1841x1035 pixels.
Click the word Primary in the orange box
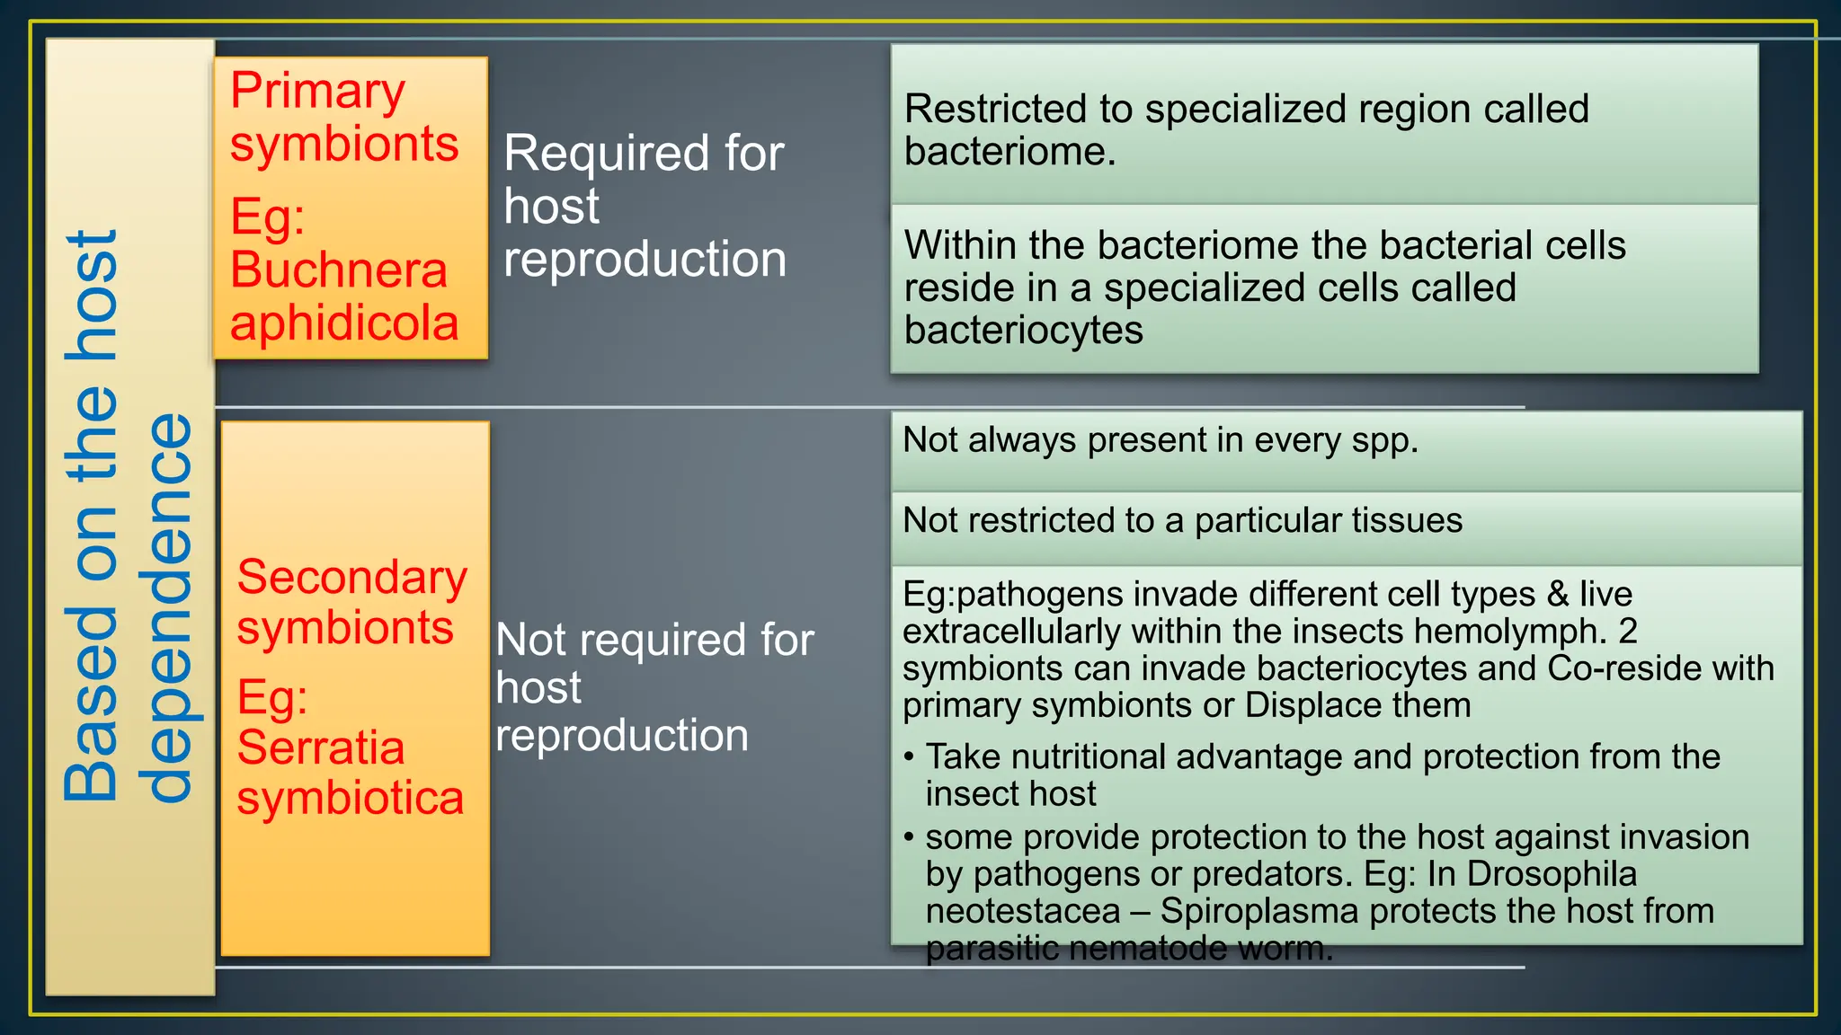pos(317,93)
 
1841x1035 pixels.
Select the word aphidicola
pos(344,323)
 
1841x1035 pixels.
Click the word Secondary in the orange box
pos(351,577)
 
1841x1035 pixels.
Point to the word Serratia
pos(321,747)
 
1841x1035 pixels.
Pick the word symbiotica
pos(350,798)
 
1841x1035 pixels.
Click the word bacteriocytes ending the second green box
pos(1023,331)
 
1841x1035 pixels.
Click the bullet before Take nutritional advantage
pos(909,757)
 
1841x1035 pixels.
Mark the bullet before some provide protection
pos(909,837)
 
